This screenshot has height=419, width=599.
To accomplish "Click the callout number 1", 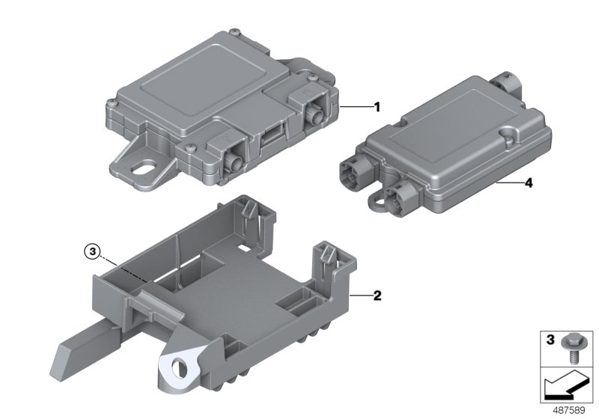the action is click(x=377, y=107).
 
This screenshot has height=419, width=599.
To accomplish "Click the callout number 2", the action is click(x=377, y=296).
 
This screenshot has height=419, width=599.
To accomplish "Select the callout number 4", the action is click(x=529, y=183).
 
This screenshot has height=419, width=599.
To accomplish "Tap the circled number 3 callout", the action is click(x=92, y=251).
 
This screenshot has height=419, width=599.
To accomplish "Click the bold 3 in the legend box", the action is click(x=550, y=339).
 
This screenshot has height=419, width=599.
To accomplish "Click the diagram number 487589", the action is click(x=569, y=410).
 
